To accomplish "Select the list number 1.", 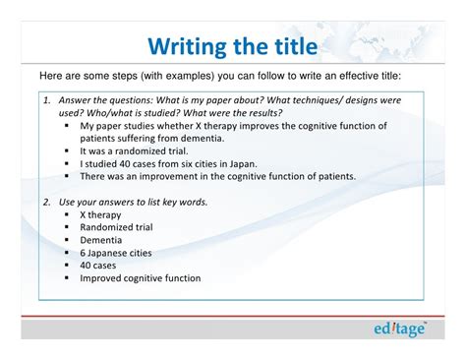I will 46,100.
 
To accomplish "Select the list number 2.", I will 46,202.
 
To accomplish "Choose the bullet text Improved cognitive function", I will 140,278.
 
